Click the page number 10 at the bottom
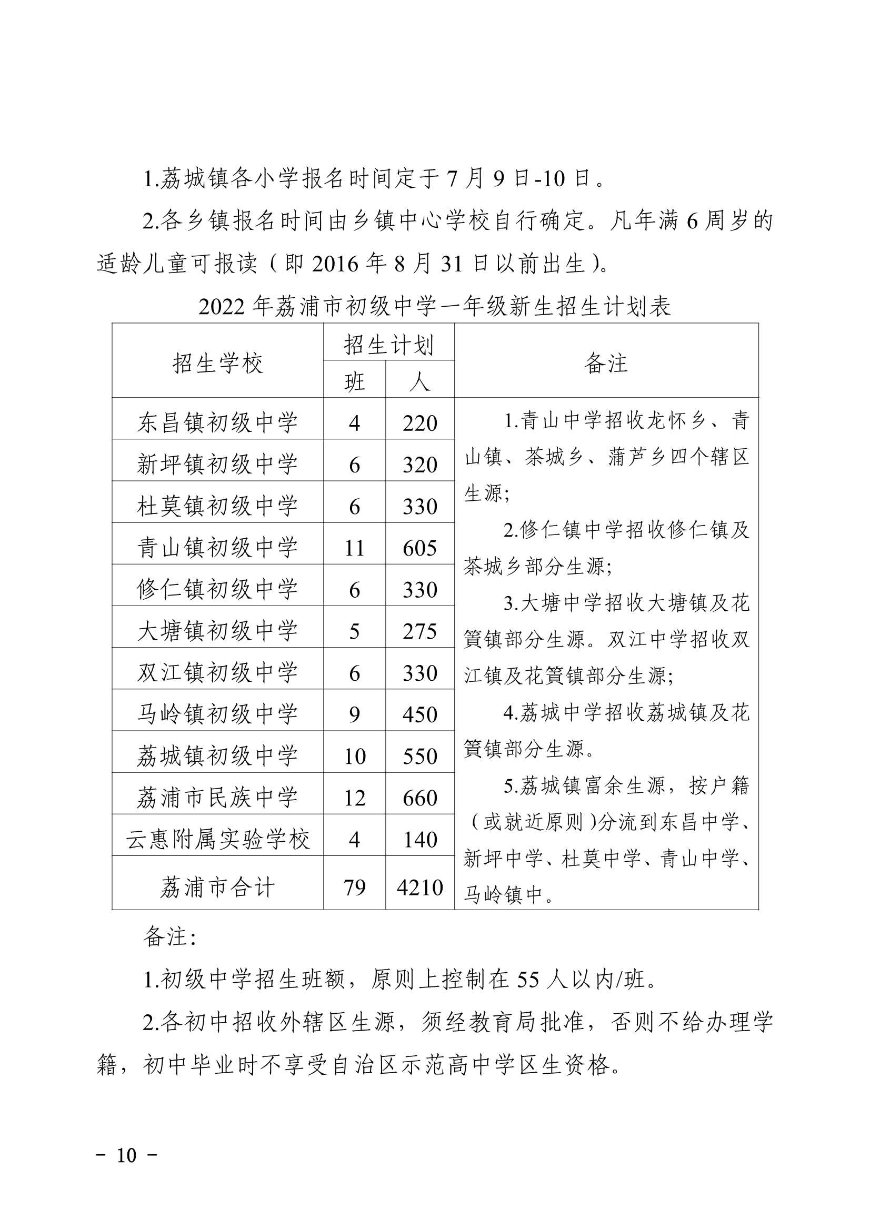point(127,1155)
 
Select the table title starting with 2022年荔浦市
point(434,306)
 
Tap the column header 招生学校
point(218,363)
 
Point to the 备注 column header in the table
point(606,363)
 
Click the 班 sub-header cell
point(354,382)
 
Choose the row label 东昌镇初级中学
point(218,422)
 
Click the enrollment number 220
point(419,423)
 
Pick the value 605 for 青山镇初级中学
point(419,548)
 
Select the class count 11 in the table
point(354,548)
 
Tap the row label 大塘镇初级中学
point(218,631)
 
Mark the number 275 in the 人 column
point(419,632)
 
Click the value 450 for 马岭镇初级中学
point(419,714)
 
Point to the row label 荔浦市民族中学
point(218,797)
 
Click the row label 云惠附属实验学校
point(218,839)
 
